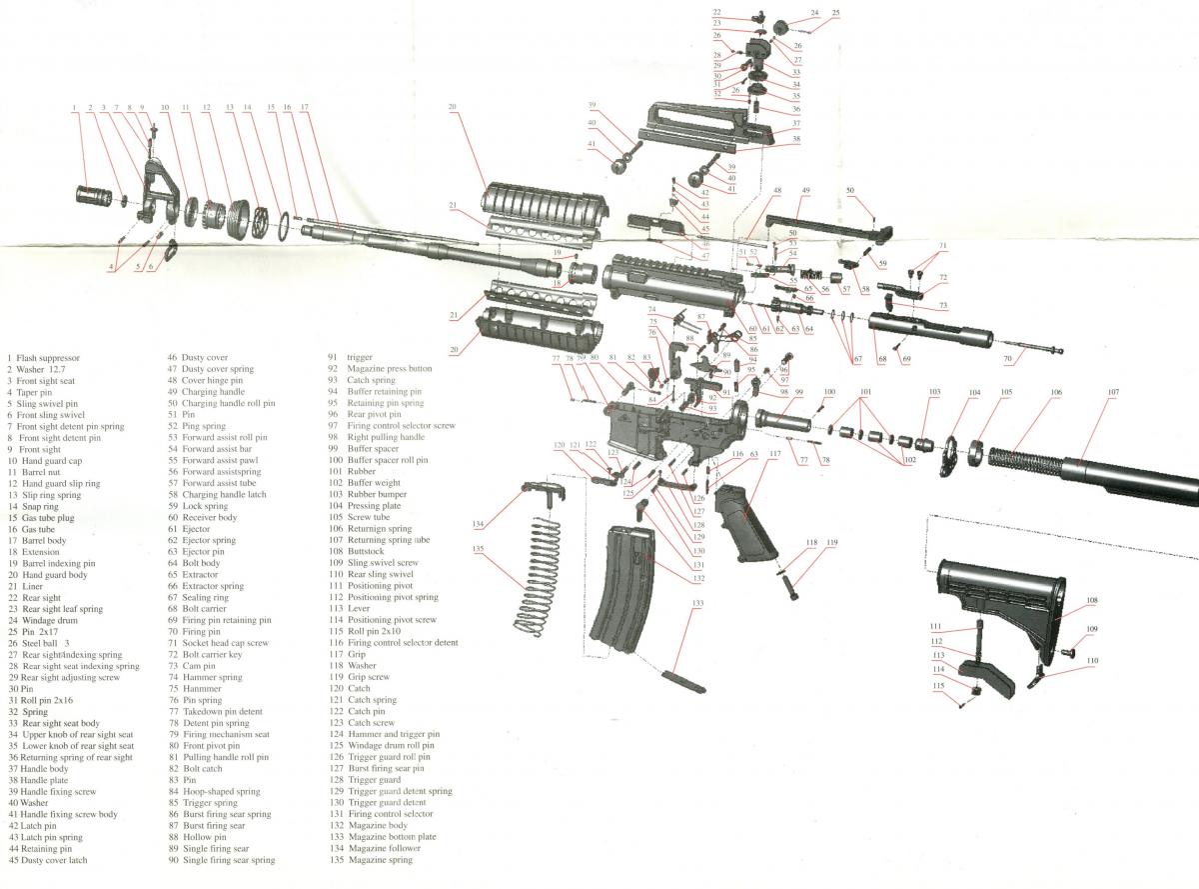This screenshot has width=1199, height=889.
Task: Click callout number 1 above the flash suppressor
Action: point(74,107)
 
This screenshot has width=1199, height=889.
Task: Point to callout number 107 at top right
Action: point(1113,392)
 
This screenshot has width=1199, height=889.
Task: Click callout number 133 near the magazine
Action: point(697,603)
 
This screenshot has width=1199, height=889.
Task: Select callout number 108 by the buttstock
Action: point(1092,601)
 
